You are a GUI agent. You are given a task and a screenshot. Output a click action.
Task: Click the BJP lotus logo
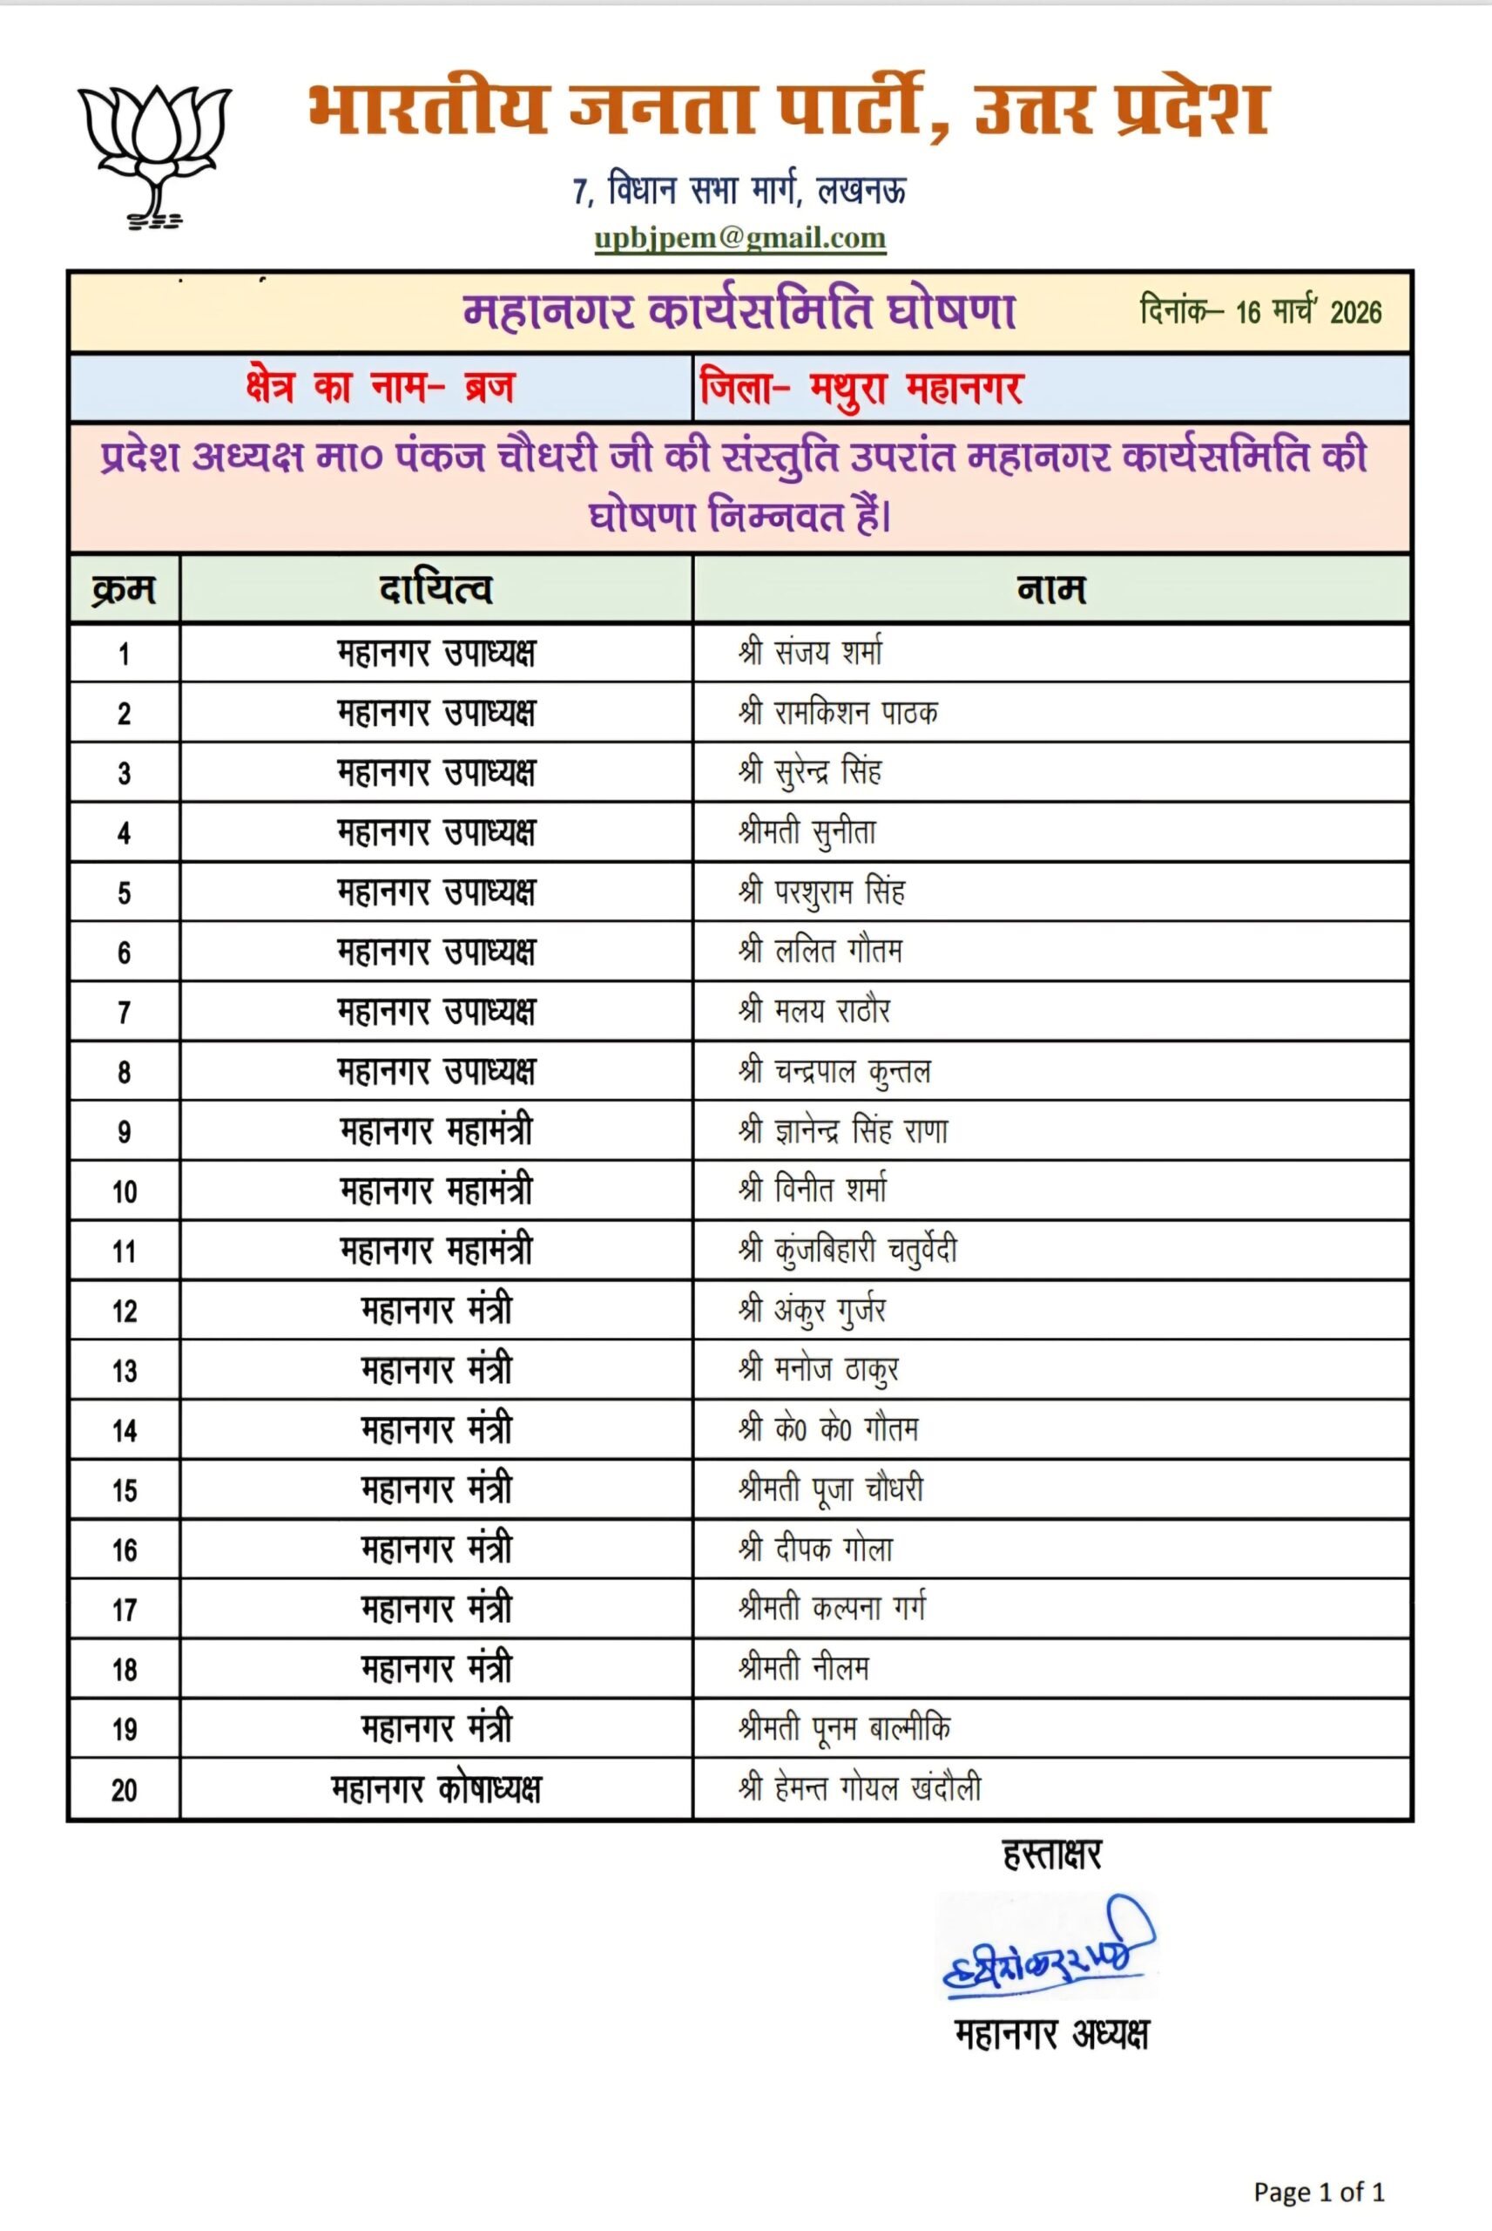coord(154,155)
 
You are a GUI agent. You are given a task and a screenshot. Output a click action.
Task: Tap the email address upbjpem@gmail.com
coord(739,238)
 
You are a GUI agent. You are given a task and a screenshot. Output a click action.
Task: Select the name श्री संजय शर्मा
coord(810,653)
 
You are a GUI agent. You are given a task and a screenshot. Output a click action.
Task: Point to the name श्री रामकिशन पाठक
coord(837,713)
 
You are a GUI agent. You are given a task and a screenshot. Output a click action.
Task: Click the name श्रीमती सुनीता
coord(807,833)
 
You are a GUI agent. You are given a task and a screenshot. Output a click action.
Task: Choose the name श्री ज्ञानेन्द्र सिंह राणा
coord(843,1130)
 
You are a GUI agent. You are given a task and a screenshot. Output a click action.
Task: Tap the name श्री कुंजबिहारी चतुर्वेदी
coord(847,1251)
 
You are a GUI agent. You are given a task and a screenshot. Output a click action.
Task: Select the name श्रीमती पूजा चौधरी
coord(831,1489)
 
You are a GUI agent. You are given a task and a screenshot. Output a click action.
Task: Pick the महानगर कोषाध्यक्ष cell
coord(435,1789)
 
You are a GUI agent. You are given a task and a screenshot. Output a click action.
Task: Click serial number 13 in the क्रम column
coord(125,1371)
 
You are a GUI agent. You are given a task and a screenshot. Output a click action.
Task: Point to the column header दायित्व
coord(435,589)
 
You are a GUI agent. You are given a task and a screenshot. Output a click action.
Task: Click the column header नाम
coord(1050,589)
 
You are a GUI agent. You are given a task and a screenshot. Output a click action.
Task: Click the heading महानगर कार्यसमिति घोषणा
coord(739,311)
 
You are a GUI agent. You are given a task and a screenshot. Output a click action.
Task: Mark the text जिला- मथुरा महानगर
coord(861,389)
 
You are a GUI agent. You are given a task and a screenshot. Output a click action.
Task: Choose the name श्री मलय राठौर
coord(814,1011)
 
